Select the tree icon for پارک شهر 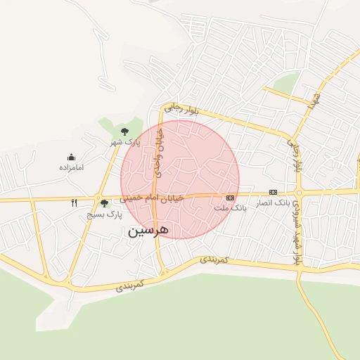click(x=124, y=131)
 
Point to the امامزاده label click(x=71, y=168)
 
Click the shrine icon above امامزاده click(x=71, y=157)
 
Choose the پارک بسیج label click(x=104, y=214)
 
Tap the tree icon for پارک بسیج click(x=104, y=203)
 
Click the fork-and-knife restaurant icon click(x=74, y=203)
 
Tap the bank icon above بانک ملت click(x=230, y=198)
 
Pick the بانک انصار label click(x=272, y=202)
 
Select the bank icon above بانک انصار click(x=273, y=192)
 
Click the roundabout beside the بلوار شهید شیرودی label click(x=299, y=193)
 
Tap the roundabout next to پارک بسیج click(x=100, y=198)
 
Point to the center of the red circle click(x=180, y=179)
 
